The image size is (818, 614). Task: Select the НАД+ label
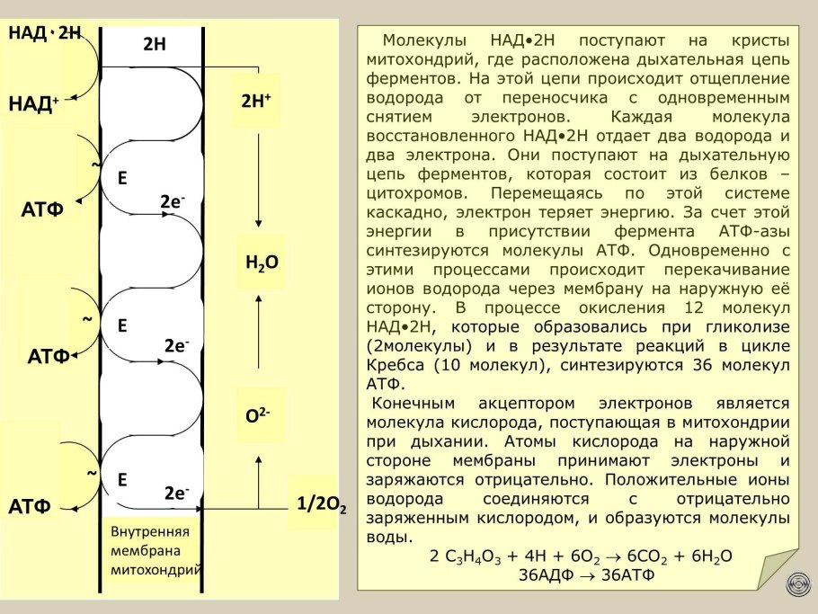click(34, 103)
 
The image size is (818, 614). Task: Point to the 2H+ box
click(256, 102)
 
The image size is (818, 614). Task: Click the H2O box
click(261, 263)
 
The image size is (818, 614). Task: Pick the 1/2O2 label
click(320, 504)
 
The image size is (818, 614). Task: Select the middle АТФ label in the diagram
click(49, 356)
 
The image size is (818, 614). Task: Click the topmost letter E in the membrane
click(121, 179)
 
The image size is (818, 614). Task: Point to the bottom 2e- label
click(176, 493)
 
